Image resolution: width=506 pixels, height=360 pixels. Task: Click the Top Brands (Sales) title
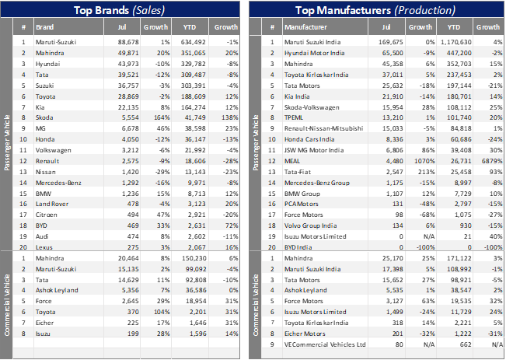[x=125, y=10]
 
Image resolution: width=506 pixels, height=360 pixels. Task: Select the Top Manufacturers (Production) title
[x=377, y=10]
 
